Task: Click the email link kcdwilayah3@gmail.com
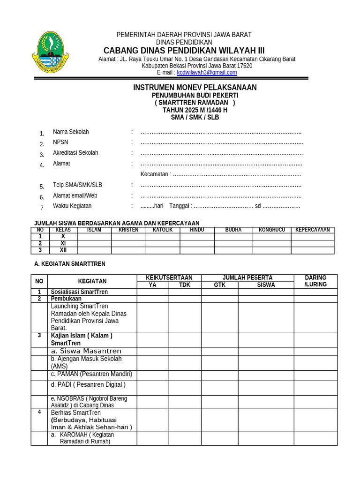coord(207,73)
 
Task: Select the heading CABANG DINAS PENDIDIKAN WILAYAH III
coord(184,51)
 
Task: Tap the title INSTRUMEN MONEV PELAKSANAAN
coord(195,88)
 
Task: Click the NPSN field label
coord(60,142)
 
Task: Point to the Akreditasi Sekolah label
coord(75,153)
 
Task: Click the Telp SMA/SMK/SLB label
coord(75,185)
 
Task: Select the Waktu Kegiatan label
coord(72,206)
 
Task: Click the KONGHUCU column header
coord(272,230)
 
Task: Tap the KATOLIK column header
coord(163,230)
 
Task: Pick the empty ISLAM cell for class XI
coord(94,244)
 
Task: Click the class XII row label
coord(63,250)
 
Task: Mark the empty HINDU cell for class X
coord(197,237)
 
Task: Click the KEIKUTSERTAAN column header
coord(169,278)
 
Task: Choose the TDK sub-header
coord(185,285)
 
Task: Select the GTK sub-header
coord(219,285)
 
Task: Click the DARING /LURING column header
coord(315,281)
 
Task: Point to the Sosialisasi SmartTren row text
coord(79,292)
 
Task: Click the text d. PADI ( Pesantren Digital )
coord(88,385)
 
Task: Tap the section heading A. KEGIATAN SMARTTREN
coord(70,264)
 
